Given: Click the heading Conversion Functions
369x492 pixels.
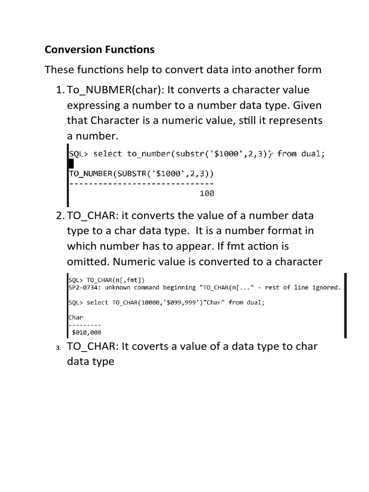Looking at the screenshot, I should pos(99,49).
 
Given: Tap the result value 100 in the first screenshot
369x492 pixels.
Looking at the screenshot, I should pos(207,194).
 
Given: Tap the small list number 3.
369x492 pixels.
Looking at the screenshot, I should pos(58,348).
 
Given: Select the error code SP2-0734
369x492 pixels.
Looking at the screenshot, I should pos(83,288).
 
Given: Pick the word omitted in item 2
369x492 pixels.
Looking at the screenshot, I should pos(85,261).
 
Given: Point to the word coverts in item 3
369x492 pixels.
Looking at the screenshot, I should pos(154,346).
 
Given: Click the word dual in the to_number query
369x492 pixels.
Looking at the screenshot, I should pos(313,154).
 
